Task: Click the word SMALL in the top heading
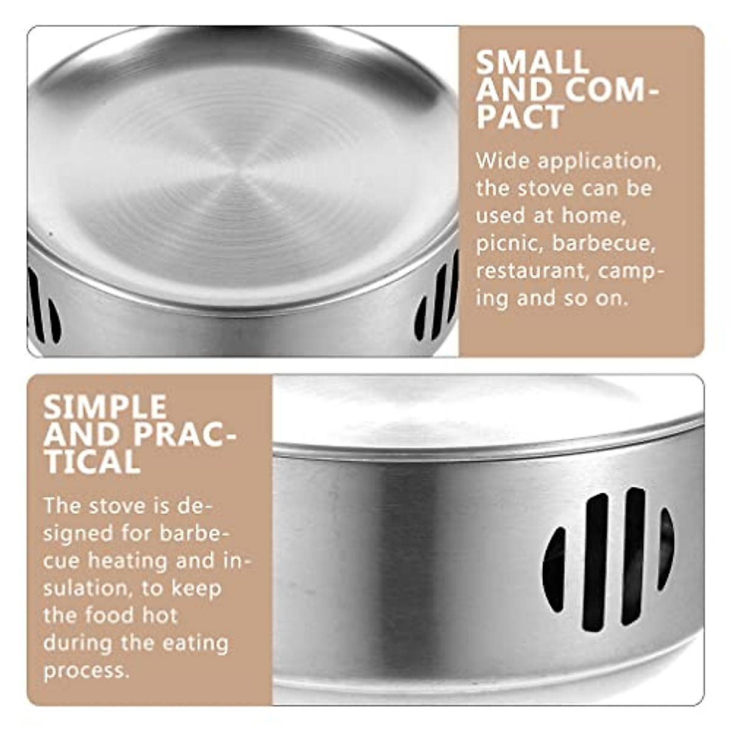point(532,62)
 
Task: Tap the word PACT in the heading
point(520,117)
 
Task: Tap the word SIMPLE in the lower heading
point(105,407)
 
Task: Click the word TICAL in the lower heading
point(92,462)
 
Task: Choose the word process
point(86,671)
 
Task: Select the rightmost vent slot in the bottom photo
point(666,548)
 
